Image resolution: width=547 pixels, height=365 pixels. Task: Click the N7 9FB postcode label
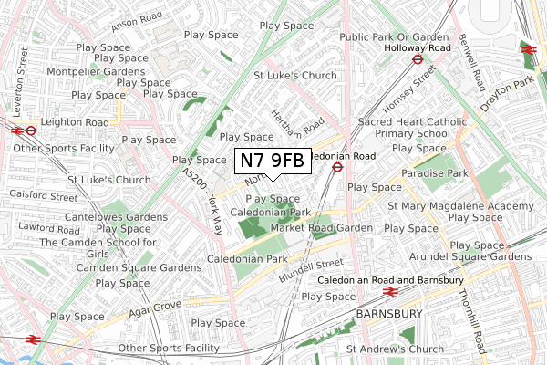point(273,161)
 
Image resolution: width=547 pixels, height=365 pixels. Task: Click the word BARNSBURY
point(390,313)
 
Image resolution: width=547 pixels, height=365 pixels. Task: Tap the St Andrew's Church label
point(395,349)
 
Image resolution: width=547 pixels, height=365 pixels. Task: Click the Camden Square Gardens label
point(139,267)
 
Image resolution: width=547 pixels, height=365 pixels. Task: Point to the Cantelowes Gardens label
point(115,216)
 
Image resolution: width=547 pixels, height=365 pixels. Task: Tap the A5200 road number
point(194,177)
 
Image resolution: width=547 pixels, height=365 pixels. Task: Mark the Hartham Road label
point(299,121)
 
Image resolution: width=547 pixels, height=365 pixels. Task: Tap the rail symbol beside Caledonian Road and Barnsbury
point(390,292)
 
